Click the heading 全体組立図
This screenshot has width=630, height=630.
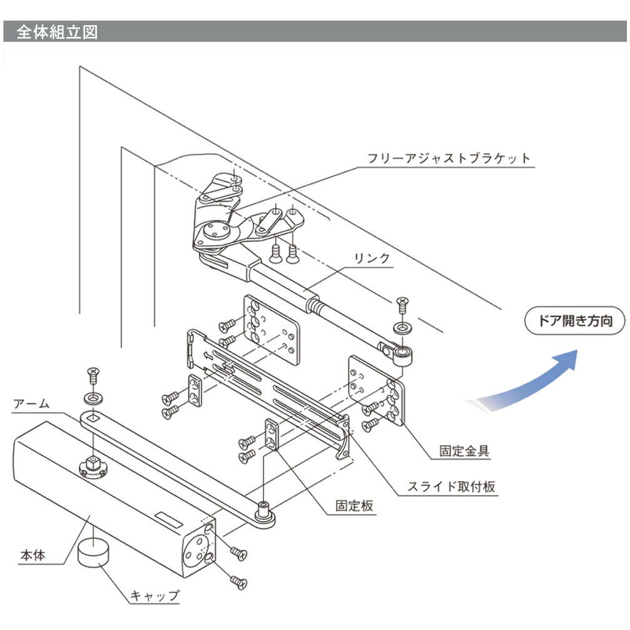(x=56, y=32)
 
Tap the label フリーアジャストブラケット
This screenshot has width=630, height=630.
(x=449, y=158)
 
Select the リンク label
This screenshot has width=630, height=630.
(x=372, y=258)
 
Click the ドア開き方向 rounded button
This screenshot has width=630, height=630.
(x=574, y=322)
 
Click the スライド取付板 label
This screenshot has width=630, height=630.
(x=452, y=485)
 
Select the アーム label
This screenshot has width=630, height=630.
(x=31, y=404)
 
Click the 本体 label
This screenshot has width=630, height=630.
(x=33, y=554)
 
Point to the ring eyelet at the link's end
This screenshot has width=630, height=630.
(x=402, y=355)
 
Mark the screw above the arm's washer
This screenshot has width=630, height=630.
(x=93, y=375)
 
